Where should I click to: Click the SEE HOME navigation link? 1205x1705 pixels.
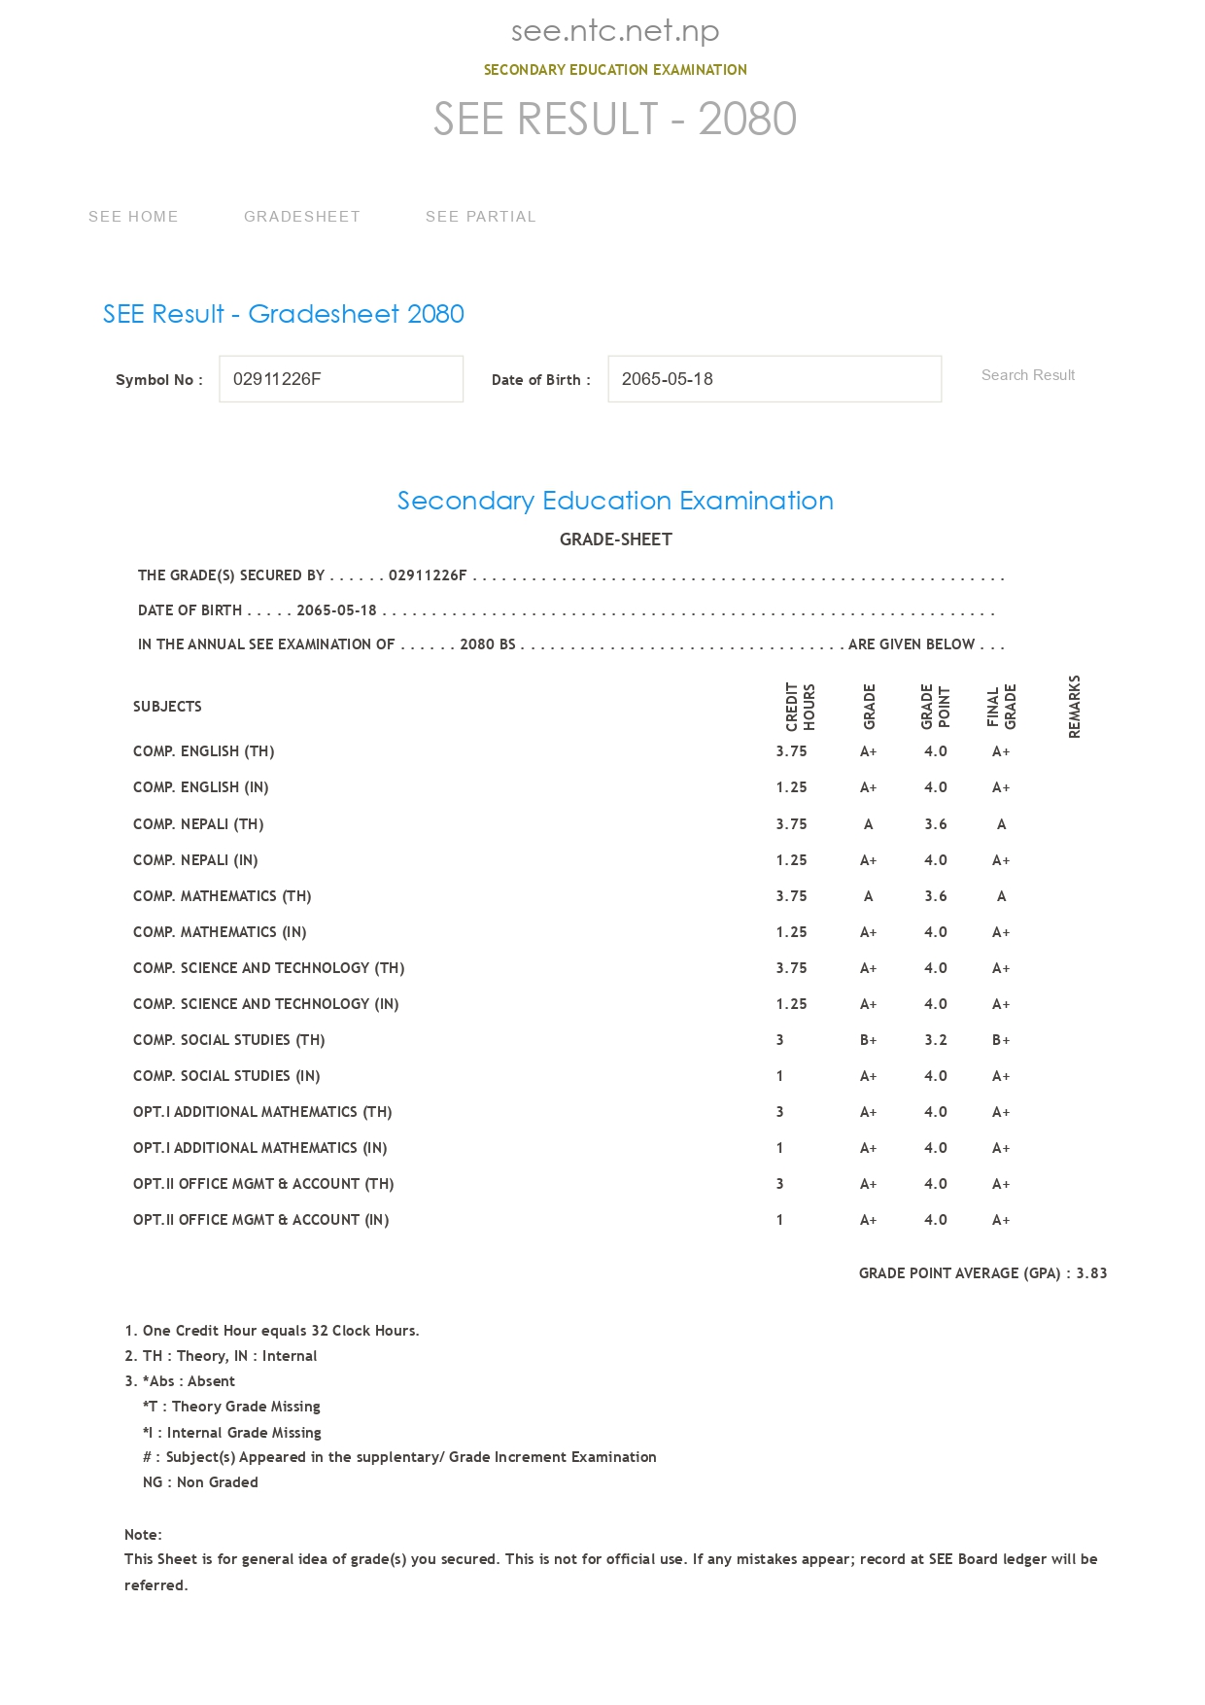pyautogui.click(x=133, y=217)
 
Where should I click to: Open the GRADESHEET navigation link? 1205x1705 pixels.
pyautogui.click(x=301, y=217)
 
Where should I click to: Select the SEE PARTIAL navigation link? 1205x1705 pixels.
pyautogui.click(x=480, y=217)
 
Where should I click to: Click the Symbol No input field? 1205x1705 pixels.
pyautogui.click(x=341, y=379)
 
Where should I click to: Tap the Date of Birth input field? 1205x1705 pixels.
pyautogui.click(x=774, y=379)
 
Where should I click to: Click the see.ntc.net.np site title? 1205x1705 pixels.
pyautogui.click(x=614, y=31)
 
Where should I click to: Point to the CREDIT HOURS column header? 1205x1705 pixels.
pyautogui.click(x=800, y=707)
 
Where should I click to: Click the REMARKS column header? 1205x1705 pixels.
pyautogui.click(x=1074, y=707)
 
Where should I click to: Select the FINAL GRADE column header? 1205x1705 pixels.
pyautogui.click(x=1001, y=707)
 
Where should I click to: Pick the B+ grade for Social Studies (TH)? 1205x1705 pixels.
pyautogui.click(x=868, y=1040)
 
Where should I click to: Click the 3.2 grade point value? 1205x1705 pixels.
pyautogui.click(x=935, y=1040)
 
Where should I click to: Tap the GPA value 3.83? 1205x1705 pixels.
pyautogui.click(x=1091, y=1273)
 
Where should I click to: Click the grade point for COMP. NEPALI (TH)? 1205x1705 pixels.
pyautogui.click(x=935, y=824)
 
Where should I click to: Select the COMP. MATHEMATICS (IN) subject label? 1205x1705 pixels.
pyautogui.click(x=220, y=932)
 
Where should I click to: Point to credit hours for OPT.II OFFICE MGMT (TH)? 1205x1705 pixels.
pyautogui.click(x=779, y=1184)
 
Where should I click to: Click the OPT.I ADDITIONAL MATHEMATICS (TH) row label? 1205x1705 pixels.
pyautogui.click(x=262, y=1112)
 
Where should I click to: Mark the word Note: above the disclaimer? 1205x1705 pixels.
pyautogui.click(x=143, y=1535)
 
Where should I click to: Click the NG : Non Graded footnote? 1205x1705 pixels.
pyautogui.click(x=200, y=1482)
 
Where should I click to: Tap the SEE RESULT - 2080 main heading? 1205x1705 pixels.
pyautogui.click(x=614, y=120)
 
